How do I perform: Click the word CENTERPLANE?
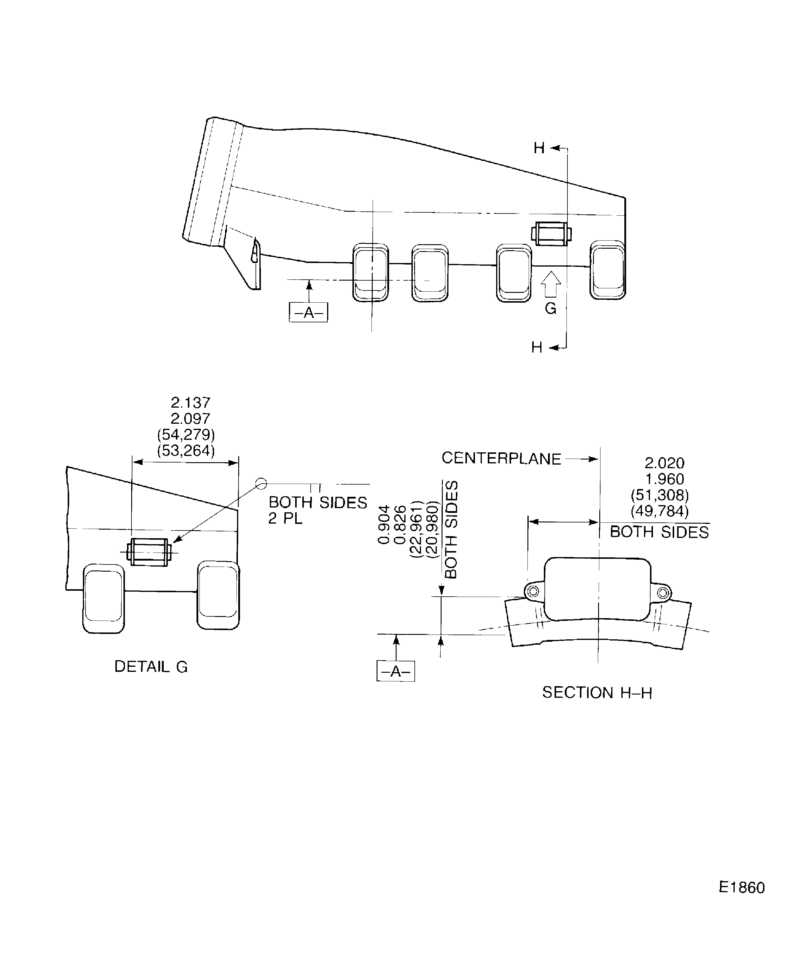501,458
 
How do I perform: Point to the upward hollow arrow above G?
551,284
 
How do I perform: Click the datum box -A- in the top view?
308,313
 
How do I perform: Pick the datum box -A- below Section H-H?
396,671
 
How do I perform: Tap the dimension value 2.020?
664,463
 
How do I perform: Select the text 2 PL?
285,519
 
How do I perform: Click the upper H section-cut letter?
539,148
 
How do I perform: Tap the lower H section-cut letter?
536,348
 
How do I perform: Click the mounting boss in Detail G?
149,552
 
